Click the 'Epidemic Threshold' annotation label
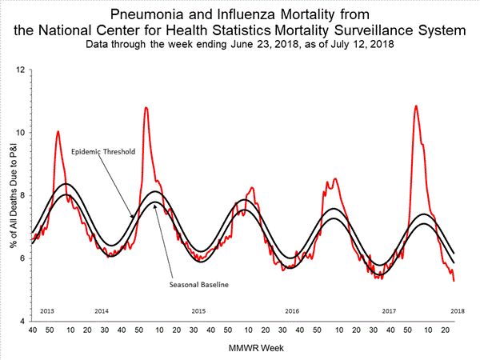tap(102, 151)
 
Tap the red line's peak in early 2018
tap(415, 106)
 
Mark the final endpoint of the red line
tap(454, 281)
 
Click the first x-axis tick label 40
tap(32, 329)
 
